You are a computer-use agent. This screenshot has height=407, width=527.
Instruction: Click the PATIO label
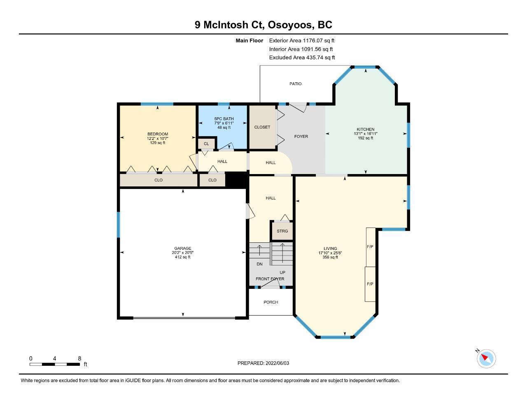pos(295,84)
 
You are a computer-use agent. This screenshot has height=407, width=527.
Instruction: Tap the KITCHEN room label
pos(366,129)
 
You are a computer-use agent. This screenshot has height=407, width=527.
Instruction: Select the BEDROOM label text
pos(158,134)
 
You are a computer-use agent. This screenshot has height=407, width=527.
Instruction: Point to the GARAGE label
pos(183,248)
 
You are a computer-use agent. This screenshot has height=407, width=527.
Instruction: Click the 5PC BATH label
pos(224,119)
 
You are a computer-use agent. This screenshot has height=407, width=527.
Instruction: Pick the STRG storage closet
pos(282,231)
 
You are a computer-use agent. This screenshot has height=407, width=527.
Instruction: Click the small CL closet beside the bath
pos(206,144)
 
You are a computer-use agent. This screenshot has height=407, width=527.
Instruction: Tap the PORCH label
pos(270,302)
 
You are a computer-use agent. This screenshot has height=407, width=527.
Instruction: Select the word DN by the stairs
pos(259,264)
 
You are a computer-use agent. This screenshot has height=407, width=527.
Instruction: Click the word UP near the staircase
pos(282,272)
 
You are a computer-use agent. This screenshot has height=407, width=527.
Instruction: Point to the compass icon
pos(486,358)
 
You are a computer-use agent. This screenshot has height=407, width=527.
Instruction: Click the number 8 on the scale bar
pos(79,358)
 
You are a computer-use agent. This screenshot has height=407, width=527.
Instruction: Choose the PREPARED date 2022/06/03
pos(277,363)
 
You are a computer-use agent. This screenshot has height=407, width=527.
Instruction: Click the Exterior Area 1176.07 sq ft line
pos(302,40)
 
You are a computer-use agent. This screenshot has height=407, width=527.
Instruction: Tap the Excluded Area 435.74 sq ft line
pos(302,58)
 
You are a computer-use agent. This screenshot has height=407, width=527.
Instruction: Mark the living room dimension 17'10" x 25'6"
pos(330,253)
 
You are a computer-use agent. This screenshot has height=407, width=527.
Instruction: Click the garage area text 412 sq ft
pos(183,257)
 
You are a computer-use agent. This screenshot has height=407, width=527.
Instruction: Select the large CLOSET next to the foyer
pos(262,127)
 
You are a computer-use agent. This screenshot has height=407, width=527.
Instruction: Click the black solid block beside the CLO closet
pos(236,180)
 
